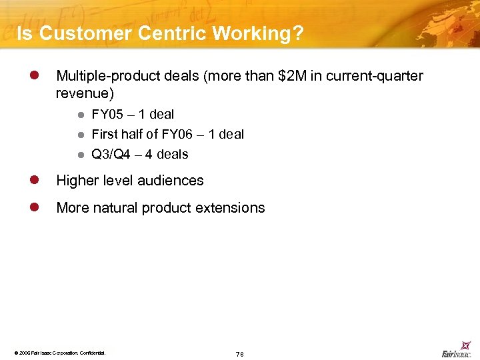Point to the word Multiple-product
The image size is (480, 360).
[107, 76]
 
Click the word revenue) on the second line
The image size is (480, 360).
[85, 93]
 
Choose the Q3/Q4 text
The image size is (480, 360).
[111, 154]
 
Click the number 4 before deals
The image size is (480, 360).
[148, 154]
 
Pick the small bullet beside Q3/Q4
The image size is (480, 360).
[81, 154]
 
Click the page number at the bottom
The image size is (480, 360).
[239, 353]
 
